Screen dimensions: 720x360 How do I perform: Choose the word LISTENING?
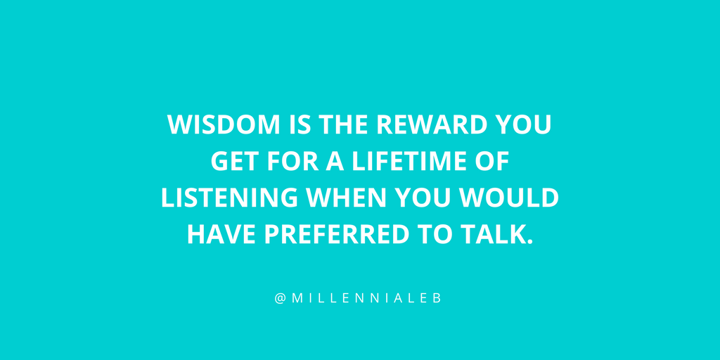tap(229, 198)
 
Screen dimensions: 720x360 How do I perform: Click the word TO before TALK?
tap(435, 236)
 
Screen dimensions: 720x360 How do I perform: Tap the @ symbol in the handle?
tap(280, 298)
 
